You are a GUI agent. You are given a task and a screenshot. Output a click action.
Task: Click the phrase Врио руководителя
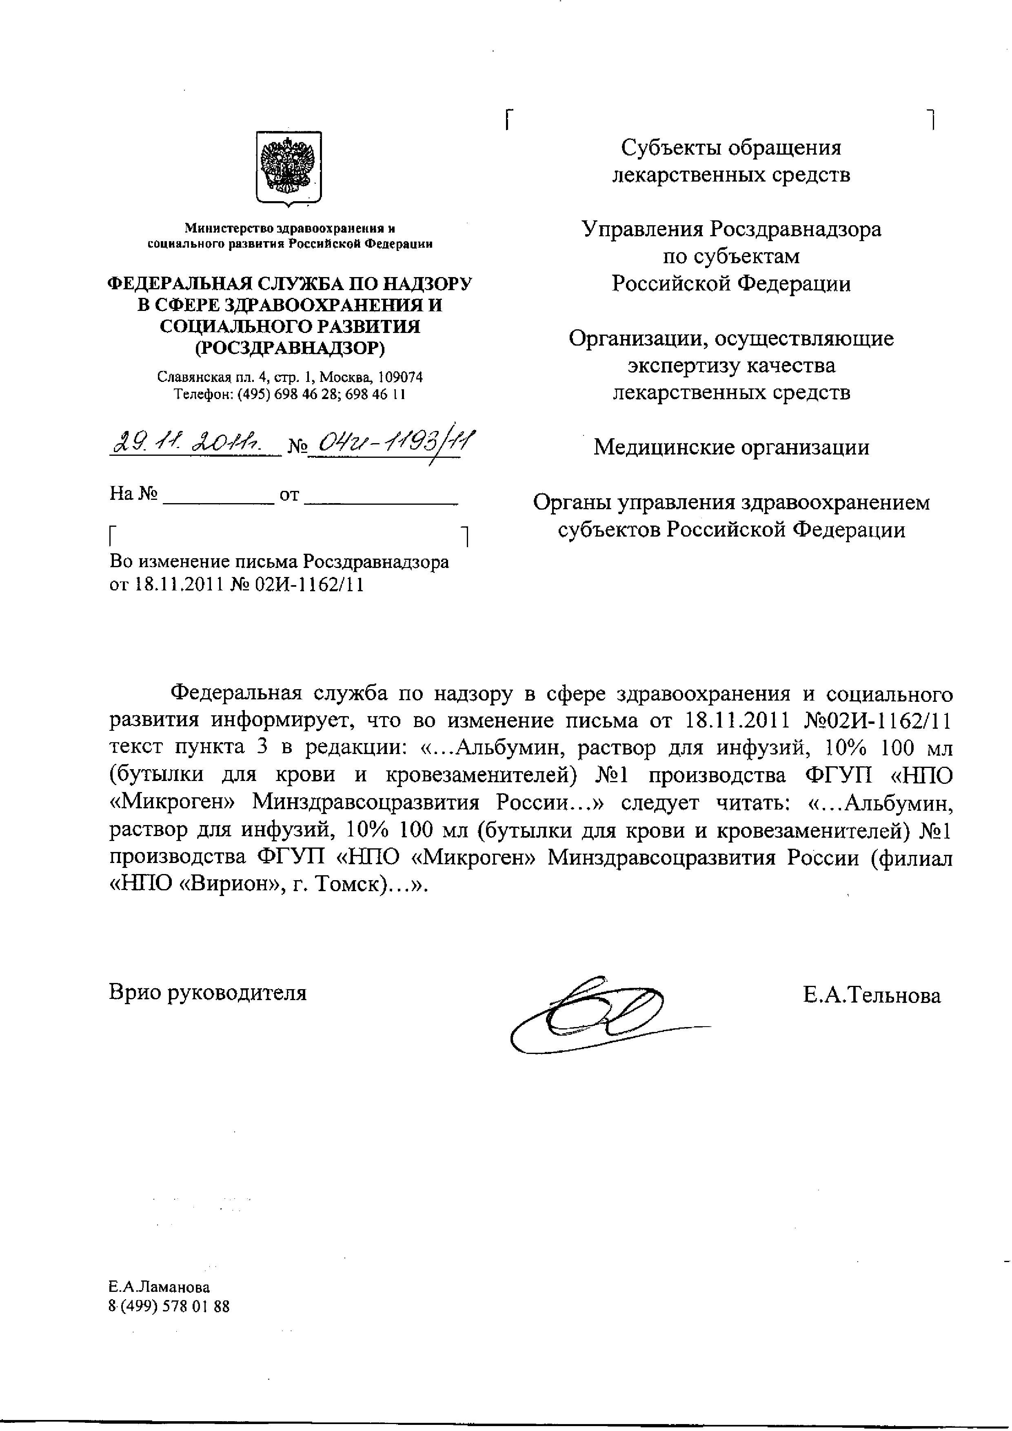tap(208, 992)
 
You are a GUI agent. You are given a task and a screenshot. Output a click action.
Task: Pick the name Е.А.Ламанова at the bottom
tap(159, 1287)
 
